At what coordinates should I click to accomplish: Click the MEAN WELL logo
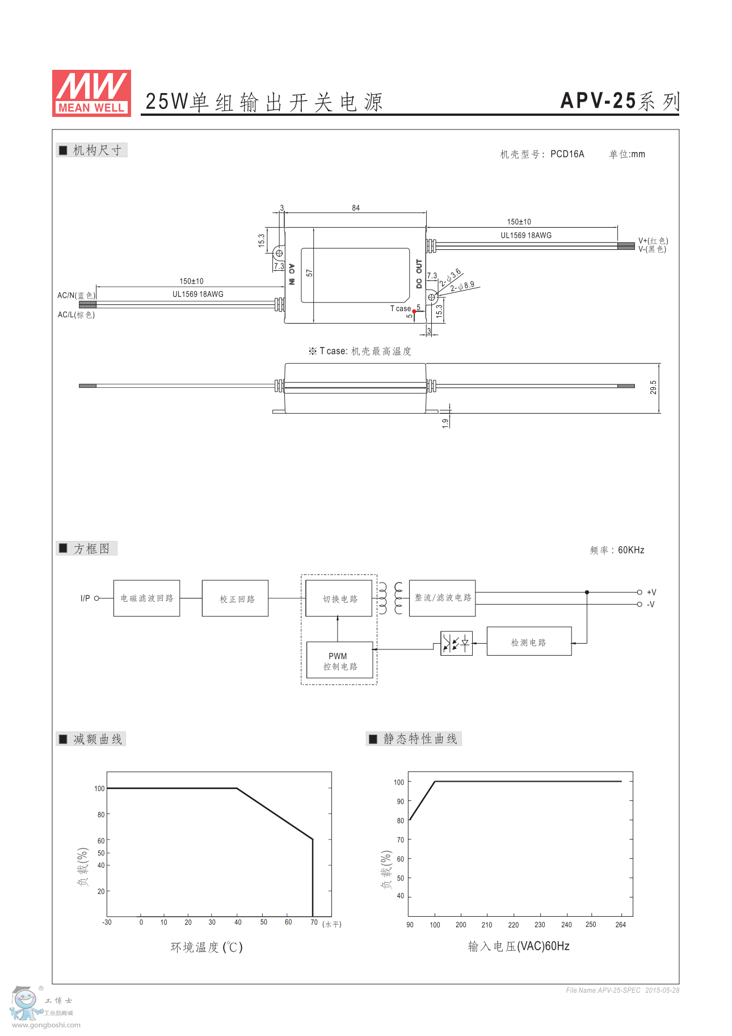[x=91, y=93]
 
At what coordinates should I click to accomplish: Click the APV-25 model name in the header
[x=598, y=101]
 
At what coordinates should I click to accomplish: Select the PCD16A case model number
[x=567, y=154]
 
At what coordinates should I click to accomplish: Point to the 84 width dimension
[x=356, y=208]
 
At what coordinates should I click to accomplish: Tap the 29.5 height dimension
[x=653, y=388]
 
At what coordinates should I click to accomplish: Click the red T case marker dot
[x=414, y=311]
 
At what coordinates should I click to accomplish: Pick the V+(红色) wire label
[x=653, y=241]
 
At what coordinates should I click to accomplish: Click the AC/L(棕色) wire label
[x=76, y=314]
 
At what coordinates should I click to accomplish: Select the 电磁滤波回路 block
[x=146, y=598]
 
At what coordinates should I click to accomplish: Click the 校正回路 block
[x=235, y=598]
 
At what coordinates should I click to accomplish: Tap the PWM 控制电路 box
[x=340, y=660]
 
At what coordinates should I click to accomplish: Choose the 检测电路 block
[x=529, y=641]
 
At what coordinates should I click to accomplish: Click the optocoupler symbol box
[x=456, y=643]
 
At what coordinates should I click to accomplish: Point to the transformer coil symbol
[x=390, y=598]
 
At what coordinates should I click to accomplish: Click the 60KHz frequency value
[x=631, y=550]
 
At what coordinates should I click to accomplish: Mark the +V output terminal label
[x=651, y=592]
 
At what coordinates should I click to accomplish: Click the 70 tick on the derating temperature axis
[x=314, y=922]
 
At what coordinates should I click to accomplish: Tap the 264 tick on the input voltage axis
[x=621, y=925]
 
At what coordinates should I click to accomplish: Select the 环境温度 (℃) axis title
[x=207, y=947]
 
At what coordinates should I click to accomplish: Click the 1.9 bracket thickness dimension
[x=445, y=422]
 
